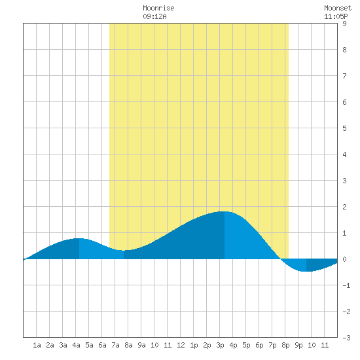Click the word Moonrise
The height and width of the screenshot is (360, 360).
(x=158, y=8)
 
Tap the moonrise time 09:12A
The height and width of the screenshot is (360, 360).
(x=154, y=16)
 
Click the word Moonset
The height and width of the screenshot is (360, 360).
(x=338, y=8)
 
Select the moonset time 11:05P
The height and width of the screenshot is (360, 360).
(x=336, y=16)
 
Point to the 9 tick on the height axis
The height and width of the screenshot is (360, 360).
(x=344, y=24)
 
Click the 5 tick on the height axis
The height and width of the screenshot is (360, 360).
(x=344, y=128)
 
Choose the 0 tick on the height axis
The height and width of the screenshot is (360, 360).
(x=344, y=259)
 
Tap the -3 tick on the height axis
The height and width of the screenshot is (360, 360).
(x=346, y=338)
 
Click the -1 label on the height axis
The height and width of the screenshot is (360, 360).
(x=346, y=285)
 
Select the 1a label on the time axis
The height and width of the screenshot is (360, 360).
(x=37, y=345)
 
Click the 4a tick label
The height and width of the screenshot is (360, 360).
(x=76, y=345)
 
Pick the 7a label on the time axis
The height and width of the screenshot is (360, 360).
(x=115, y=345)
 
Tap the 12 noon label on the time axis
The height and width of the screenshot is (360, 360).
(x=181, y=345)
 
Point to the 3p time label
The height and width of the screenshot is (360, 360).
(x=220, y=345)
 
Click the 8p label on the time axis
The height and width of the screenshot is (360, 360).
(x=285, y=345)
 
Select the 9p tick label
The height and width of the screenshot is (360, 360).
(x=298, y=345)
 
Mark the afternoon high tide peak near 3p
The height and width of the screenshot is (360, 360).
(x=225, y=211)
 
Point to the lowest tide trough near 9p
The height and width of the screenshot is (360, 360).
(x=306, y=272)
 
